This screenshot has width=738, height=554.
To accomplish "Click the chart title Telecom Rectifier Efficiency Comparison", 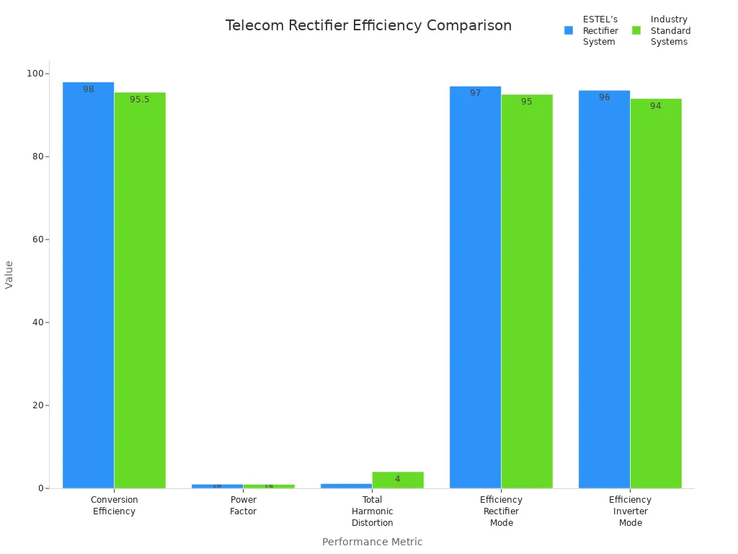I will (x=368, y=26).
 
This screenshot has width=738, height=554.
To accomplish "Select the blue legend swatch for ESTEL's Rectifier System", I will (x=568, y=30).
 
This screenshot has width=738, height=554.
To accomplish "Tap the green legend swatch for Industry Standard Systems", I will (x=636, y=30).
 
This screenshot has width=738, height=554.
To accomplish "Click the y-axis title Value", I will (x=9, y=274).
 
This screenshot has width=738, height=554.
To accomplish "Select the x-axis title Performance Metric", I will (x=372, y=542).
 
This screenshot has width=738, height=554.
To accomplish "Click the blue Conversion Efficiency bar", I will (x=88, y=289).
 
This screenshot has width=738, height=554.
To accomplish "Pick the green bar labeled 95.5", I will (x=140, y=289).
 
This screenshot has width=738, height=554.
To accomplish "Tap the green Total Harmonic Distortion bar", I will (x=398, y=480).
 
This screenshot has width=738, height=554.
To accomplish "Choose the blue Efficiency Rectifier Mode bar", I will (x=475, y=289).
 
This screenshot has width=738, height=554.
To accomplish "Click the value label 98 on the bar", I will (x=88, y=89).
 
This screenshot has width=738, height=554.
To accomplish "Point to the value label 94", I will (x=656, y=106).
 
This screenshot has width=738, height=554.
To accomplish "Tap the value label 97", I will (x=475, y=93).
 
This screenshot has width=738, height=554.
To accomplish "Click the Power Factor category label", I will (x=243, y=506).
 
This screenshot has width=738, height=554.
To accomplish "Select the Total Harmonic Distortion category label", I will (x=372, y=511).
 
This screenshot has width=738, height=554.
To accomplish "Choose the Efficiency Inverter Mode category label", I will (x=630, y=511).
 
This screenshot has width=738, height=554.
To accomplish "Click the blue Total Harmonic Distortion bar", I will (x=346, y=485).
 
